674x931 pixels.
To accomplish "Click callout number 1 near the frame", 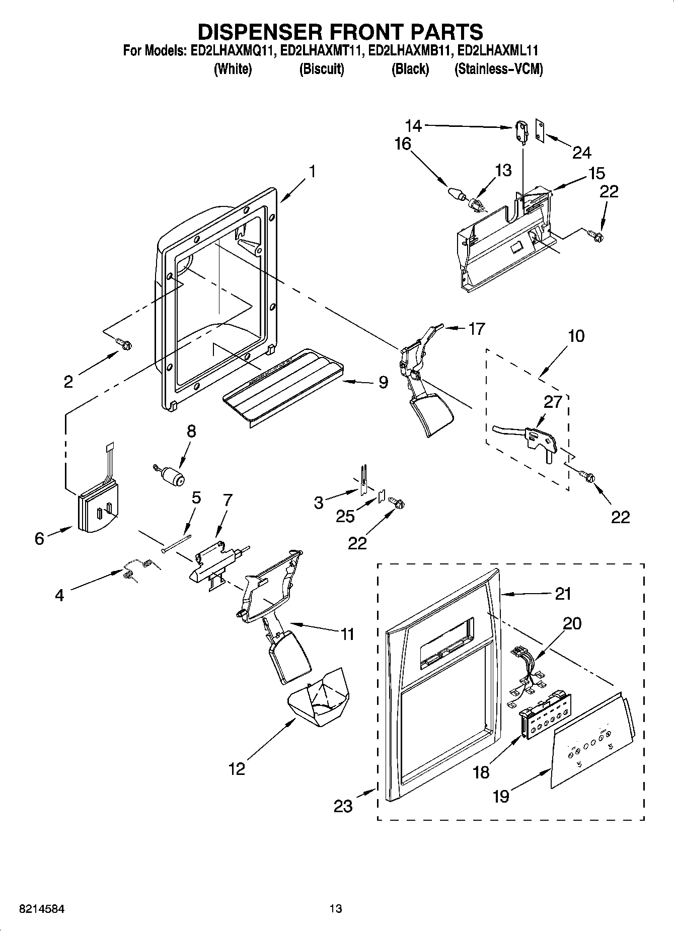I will (x=312, y=172).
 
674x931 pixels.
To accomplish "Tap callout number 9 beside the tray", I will (x=384, y=383).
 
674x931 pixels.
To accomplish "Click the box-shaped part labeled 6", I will (x=98, y=509).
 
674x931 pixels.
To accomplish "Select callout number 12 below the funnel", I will (x=237, y=769).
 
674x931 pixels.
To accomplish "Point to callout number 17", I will (x=476, y=329).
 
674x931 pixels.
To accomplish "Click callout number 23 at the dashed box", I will (x=343, y=806).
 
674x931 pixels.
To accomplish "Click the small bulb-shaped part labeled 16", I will (x=455, y=194).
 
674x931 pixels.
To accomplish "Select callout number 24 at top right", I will (x=581, y=152).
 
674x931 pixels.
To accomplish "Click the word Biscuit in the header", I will (x=321, y=69).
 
